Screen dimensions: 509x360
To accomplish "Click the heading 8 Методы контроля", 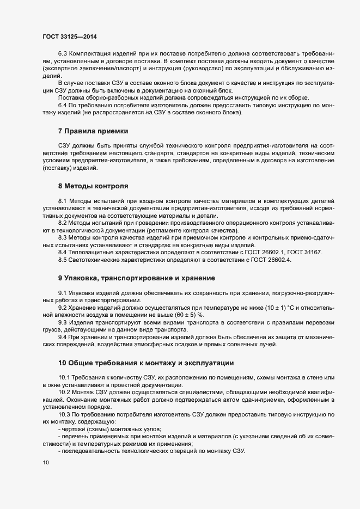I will click(x=93, y=186).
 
